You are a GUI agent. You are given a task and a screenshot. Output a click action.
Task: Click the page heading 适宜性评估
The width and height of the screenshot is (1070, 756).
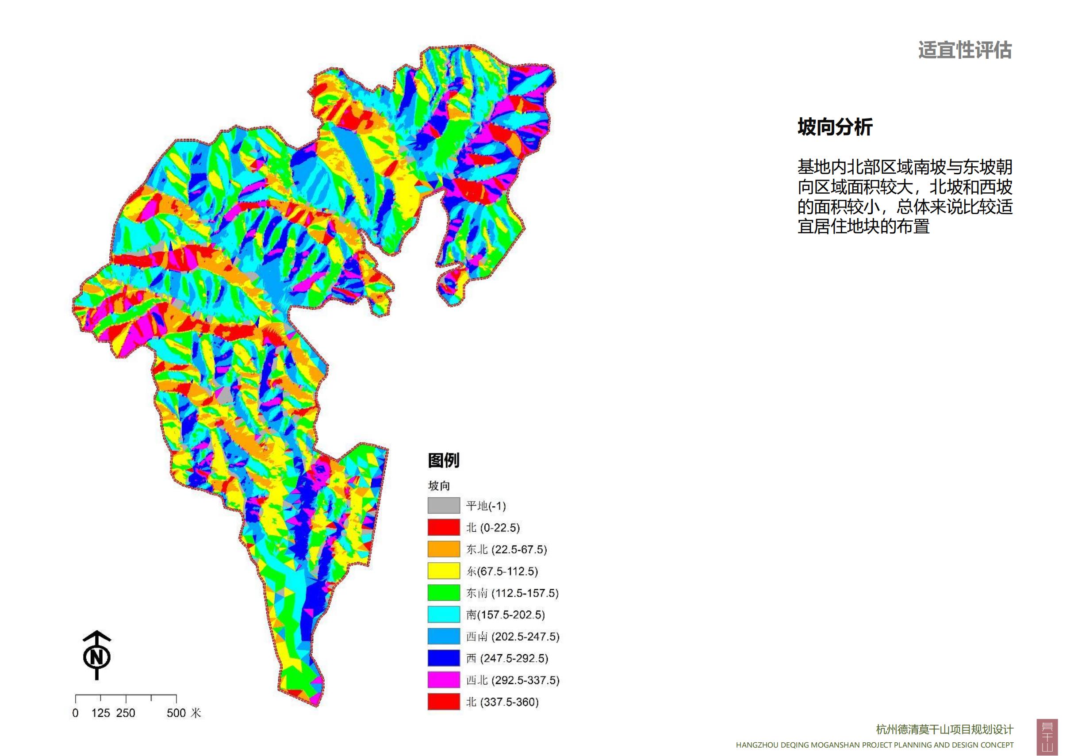(x=965, y=50)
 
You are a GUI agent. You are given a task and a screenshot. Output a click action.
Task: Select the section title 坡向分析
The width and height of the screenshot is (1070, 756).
(x=835, y=127)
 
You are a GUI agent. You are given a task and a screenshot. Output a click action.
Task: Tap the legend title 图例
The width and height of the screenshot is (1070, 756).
(x=443, y=460)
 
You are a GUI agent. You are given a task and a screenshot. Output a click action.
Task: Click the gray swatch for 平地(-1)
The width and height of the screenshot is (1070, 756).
(x=444, y=506)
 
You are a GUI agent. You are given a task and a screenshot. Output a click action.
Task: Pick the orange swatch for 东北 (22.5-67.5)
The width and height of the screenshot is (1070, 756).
(x=444, y=549)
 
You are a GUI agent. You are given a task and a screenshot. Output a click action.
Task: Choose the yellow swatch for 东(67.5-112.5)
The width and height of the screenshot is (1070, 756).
(x=444, y=571)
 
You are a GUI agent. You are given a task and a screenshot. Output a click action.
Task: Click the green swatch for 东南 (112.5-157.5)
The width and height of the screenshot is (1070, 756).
(x=444, y=593)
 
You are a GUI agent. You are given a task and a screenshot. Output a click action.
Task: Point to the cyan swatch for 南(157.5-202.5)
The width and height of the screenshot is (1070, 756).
(x=444, y=615)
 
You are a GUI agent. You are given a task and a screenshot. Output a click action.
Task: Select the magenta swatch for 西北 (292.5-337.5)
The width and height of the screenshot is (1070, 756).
(x=444, y=680)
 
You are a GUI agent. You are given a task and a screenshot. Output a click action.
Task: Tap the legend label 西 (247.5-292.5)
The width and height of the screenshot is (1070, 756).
(x=507, y=658)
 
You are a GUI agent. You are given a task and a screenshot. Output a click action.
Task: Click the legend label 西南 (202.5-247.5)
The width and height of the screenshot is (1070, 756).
(x=513, y=636)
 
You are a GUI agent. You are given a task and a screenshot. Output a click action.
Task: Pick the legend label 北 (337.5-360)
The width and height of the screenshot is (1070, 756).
(x=502, y=702)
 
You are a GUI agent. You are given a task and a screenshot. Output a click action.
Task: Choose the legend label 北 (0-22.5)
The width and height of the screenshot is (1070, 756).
(x=493, y=528)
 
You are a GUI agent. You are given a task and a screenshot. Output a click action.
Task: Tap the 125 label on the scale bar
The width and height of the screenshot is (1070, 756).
(x=100, y=713)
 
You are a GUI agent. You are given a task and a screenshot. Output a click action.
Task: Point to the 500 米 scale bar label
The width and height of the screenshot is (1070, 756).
(x=184, y=713)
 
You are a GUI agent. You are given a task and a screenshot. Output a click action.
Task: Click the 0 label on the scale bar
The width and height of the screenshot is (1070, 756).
(x=76, y=713)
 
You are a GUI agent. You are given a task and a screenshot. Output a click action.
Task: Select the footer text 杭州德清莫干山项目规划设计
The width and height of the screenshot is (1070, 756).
(x=945, y=729)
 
